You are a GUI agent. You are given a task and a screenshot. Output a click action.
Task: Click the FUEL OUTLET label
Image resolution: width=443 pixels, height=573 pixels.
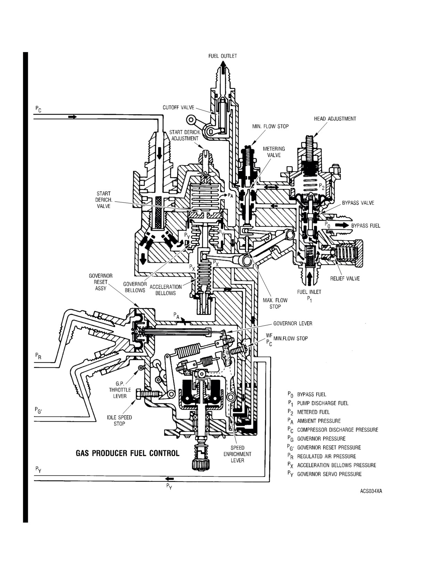coord(223,56)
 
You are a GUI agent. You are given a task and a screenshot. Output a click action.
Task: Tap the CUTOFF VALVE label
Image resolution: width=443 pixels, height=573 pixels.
coord(178,108)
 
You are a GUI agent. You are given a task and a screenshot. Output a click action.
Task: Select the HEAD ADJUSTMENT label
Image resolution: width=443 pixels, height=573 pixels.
coord(335,119)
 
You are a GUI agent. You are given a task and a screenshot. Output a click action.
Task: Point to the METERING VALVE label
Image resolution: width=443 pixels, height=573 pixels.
coord(274,152)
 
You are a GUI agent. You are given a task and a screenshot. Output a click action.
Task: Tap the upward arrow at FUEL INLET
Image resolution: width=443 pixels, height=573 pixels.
coord(309,279)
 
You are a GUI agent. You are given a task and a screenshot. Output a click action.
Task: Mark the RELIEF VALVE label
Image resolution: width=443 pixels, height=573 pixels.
coord(345,279)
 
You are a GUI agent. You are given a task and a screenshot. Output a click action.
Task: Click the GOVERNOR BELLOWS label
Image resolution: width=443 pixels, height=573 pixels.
coord(135,287)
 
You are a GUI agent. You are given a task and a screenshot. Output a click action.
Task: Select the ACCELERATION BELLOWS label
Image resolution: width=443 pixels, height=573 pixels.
coord(166,290)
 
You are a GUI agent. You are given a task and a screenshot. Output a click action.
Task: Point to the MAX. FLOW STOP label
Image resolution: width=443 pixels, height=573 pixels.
coord(275,303)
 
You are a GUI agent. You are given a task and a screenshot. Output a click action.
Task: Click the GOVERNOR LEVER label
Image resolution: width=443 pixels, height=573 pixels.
coord(293,323)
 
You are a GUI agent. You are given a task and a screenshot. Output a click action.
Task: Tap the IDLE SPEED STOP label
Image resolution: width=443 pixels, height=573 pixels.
coord(119,421)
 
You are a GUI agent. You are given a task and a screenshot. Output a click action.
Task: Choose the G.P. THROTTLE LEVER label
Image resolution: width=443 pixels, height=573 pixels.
coord(120,390)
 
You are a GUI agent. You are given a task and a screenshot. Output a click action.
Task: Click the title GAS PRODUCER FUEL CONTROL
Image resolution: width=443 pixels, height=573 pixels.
coord(128,453)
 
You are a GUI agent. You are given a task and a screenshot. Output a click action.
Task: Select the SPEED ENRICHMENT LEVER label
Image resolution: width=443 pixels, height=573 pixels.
coord(237,454)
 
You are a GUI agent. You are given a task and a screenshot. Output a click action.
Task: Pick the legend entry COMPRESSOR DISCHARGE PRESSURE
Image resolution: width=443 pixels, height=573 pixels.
coord(338,430)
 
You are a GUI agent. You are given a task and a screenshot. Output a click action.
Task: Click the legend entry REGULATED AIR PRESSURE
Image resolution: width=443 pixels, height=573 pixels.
coord(327,456)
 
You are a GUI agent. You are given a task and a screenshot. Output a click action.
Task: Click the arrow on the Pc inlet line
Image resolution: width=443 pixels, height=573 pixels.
coord(72,117)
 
